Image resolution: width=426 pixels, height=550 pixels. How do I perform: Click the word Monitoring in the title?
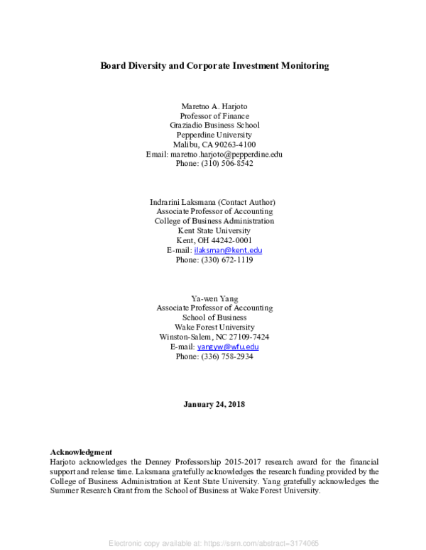point(299,66)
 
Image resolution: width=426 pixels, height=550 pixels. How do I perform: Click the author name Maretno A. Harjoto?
point(214,106)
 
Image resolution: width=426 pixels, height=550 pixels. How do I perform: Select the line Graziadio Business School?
point(214,125)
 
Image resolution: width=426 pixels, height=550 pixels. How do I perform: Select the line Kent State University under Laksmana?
point(214,230)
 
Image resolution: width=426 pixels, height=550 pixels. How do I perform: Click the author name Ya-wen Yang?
point(214,298)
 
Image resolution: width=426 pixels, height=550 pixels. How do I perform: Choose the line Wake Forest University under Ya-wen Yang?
point(214,327)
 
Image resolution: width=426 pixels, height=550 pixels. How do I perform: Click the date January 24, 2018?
point(214,404)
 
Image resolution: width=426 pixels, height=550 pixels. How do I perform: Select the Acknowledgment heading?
point(81,451)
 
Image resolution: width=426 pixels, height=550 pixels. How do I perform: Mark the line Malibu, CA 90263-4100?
point(214,145)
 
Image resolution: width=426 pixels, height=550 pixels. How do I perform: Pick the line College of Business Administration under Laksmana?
point(214,221)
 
